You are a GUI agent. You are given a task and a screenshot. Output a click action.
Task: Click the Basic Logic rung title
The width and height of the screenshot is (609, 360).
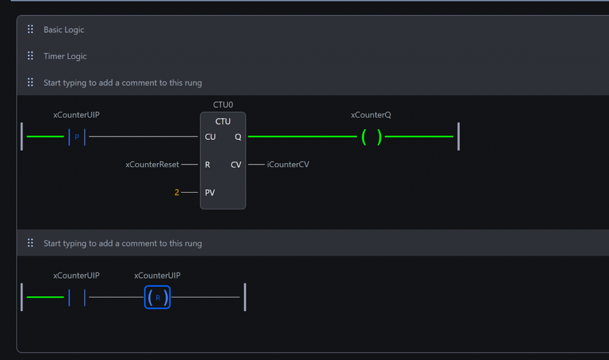[64, 30]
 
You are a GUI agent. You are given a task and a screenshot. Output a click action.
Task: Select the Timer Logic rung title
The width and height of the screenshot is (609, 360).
[65, 57]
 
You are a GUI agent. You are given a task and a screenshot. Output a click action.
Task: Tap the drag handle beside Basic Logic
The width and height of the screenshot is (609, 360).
[30, 30]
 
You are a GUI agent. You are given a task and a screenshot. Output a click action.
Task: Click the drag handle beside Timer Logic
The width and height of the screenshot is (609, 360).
[30, 56]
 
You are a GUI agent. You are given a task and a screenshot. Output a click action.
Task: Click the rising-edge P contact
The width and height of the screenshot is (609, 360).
[77, 137]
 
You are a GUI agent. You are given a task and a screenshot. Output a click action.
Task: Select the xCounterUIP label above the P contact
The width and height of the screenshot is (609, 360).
[76, 115]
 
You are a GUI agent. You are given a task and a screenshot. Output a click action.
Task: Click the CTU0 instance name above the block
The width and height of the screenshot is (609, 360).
[223, 105]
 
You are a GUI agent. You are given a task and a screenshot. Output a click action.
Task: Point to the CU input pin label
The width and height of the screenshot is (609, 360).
[210, 137]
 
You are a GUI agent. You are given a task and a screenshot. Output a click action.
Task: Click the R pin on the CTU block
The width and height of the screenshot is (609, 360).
[208, 165]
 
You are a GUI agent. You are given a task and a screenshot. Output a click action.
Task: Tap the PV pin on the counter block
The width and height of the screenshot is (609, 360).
[209, 193]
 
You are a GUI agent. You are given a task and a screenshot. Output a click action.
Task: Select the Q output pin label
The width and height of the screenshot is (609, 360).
[238, 137]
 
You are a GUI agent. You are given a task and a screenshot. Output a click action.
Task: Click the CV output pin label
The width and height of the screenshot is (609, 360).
[236, 165]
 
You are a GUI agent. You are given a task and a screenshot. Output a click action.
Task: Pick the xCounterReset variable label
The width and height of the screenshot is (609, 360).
[152, 165]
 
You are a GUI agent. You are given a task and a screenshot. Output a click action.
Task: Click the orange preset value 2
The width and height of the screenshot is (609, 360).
[177, 193]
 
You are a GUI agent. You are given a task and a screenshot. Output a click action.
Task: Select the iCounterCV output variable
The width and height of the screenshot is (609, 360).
[288, 165]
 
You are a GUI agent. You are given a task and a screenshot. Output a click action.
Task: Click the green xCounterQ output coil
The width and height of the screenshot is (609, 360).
[371, 137]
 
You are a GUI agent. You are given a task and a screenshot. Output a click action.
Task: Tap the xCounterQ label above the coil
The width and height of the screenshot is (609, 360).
[371, 115]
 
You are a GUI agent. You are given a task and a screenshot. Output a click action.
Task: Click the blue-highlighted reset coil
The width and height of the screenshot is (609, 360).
[157, 297]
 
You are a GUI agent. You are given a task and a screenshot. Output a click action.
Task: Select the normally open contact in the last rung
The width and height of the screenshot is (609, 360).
[77, 297]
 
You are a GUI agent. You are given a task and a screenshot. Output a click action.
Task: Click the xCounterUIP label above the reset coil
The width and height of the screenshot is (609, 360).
[157, 276]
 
